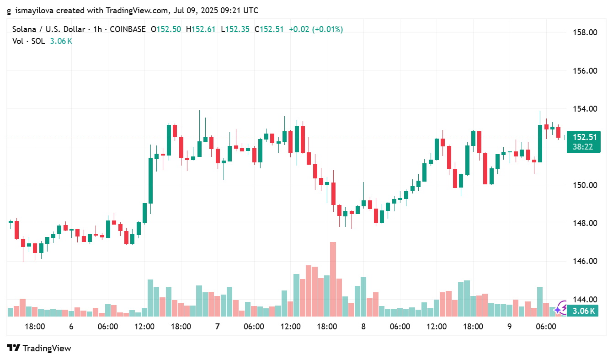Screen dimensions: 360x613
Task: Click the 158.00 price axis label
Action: pos(585,32)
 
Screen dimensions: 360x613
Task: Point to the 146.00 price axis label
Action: pos(585,261)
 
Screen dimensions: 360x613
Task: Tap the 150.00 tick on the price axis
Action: pos(585,185)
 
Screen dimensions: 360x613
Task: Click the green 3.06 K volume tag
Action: pos(584,311)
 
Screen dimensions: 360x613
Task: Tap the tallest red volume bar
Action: pos(333,279)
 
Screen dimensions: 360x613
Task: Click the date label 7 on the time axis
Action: pos(217,327)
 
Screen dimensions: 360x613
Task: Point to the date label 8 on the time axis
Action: pos(363,327)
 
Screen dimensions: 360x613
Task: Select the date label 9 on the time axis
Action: pos(509,327)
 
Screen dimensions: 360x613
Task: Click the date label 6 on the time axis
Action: pos(71,327)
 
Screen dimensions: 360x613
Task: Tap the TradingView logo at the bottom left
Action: pos(39,348)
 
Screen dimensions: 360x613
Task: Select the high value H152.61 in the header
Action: pos(201,29)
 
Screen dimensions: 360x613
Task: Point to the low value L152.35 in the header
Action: pos(235,29)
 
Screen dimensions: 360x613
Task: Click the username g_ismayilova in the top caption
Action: pos(31,11)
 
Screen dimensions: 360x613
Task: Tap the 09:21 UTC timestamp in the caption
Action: pos(240,11)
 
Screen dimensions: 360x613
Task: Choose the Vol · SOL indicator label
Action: pos(28,41)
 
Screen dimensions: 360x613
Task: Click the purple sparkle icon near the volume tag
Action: pos(560,310)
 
